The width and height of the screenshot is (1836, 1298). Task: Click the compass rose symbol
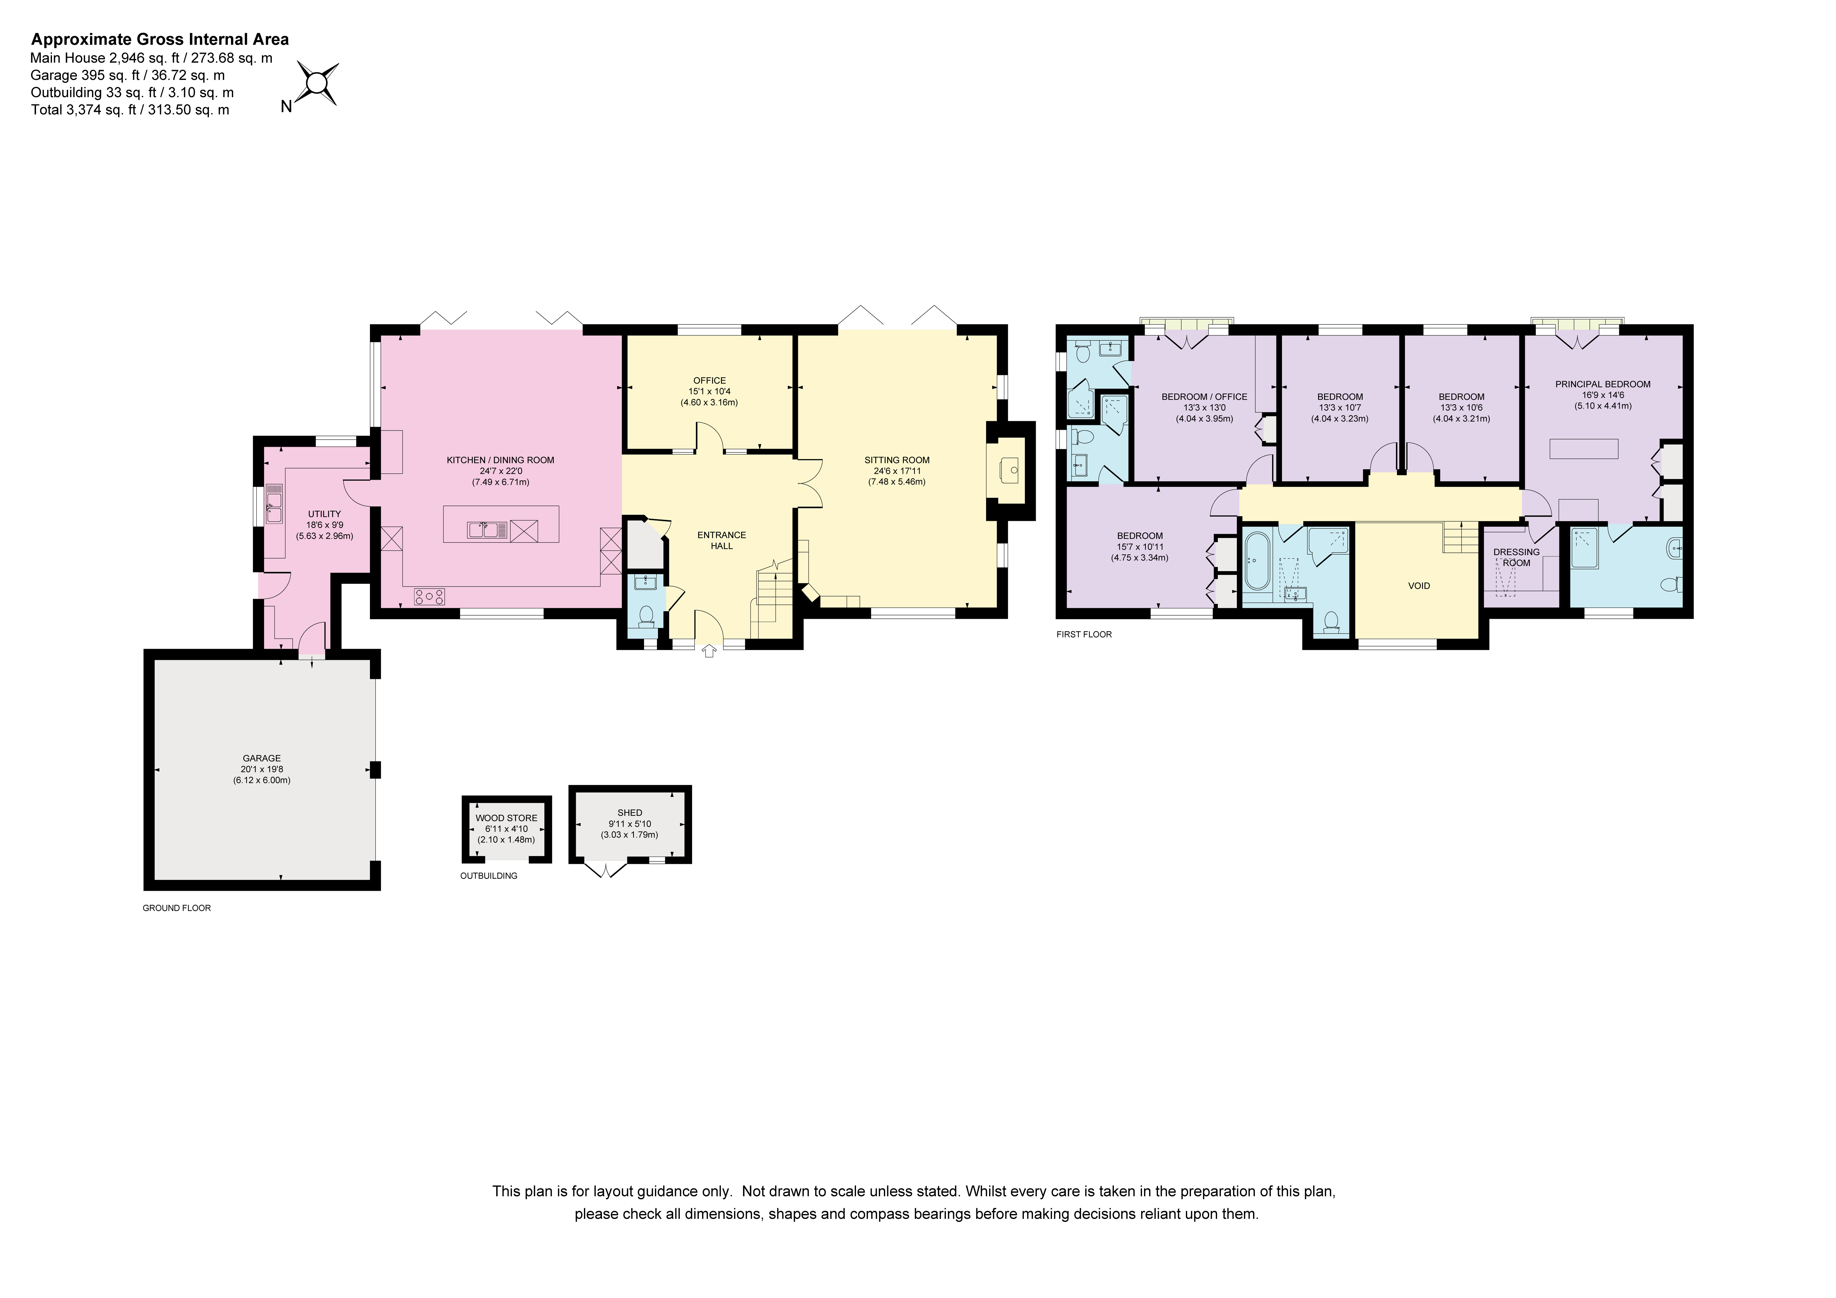(317, 83)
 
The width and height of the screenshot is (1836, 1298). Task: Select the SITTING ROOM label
(897, 460)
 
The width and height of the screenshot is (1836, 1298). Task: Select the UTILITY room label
(325, 514)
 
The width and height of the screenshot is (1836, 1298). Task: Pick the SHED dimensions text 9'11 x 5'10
(630, 824)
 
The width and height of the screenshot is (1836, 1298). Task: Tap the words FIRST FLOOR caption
(1084, 634)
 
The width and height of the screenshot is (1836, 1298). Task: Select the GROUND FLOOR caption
(177, 909)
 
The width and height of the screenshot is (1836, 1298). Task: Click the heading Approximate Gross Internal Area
(160, 39)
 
